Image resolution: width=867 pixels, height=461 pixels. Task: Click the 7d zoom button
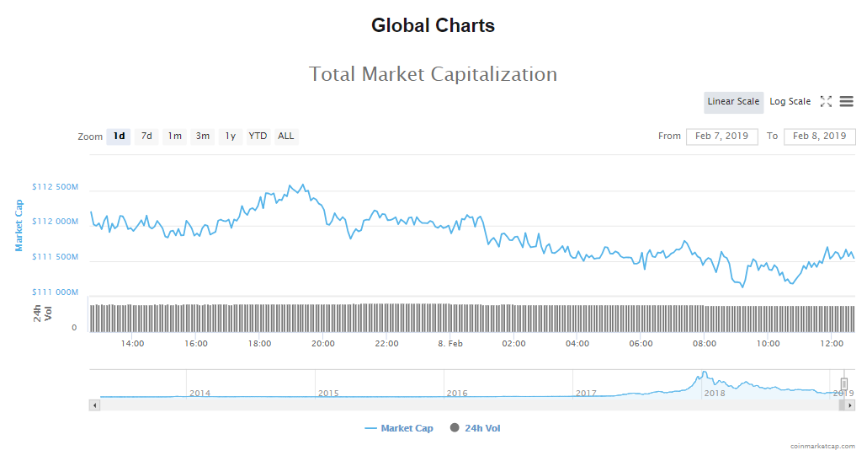[146, 137]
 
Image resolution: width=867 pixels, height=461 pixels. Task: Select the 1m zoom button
[174, 137]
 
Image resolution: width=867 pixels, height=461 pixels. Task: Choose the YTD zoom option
[258, 137]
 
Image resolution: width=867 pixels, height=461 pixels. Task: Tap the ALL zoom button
[286, 137]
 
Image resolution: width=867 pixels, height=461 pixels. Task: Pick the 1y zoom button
[230, 137]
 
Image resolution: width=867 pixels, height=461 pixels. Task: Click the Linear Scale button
[733, 102]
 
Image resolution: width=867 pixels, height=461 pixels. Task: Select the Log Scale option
[790, 102]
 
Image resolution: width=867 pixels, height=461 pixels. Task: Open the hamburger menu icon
[846, 102]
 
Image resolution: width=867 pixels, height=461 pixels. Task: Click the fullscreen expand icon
[826, 102]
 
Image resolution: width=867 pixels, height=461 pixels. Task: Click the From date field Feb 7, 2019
[721, 137]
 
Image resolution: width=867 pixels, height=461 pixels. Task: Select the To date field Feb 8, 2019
[819, 137]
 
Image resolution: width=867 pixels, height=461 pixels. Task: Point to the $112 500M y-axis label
[55, 187]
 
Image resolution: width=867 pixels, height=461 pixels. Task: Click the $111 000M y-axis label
[55, 292]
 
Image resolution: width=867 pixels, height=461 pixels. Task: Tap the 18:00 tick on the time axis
[259, 344]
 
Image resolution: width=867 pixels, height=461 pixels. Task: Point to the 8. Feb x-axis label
[450, 344]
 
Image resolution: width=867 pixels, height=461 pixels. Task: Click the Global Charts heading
[433, 26]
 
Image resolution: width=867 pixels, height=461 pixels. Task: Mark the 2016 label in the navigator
[457, 394]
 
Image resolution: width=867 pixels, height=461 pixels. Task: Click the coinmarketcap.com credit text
[822, 446]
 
